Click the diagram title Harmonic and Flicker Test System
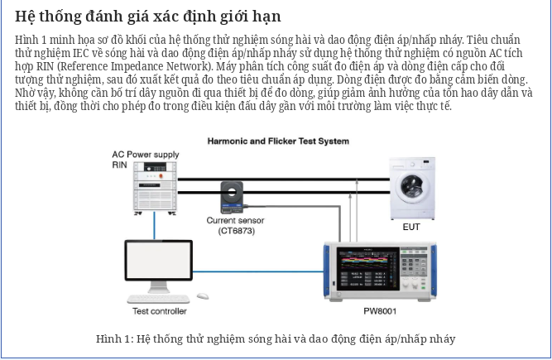coord(278,142)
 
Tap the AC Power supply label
coord(146,155)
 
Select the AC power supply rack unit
coord(155,187)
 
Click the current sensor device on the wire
coord(232,197)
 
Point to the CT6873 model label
coord(236,231)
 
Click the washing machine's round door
coord(412,188)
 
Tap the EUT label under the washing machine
coord(411,227)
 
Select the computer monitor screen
coord(158,260)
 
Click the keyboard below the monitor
coord(158,299)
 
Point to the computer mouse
coord(203,296)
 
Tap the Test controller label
coord(160,311)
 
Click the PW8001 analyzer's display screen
coord(368,268)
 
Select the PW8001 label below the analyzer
coord(380,311)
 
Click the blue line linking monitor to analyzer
coord(258,271)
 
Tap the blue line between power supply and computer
coord(154,226)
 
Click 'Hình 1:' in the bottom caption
coord(115,338)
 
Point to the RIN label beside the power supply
coord(119,165)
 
